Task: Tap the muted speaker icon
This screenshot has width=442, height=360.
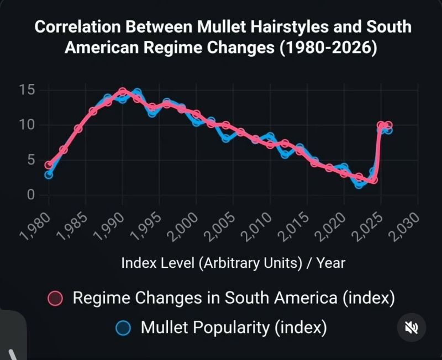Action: click(412, 327)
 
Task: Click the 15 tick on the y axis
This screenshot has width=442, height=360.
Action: click(27, 90)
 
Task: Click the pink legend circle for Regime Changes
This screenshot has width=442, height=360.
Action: click(55, 299)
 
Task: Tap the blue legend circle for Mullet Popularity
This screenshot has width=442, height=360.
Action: click(124, 328)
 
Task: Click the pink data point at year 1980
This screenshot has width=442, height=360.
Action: click(49, 165)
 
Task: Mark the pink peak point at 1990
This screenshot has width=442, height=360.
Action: click(123, 92)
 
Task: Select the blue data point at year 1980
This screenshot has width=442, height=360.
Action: click(49, 174)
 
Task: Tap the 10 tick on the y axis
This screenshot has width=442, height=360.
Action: click(27, 125)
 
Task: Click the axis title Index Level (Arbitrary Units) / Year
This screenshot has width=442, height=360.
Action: click(233, 262)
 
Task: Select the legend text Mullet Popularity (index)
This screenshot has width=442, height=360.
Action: click(234, 327)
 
